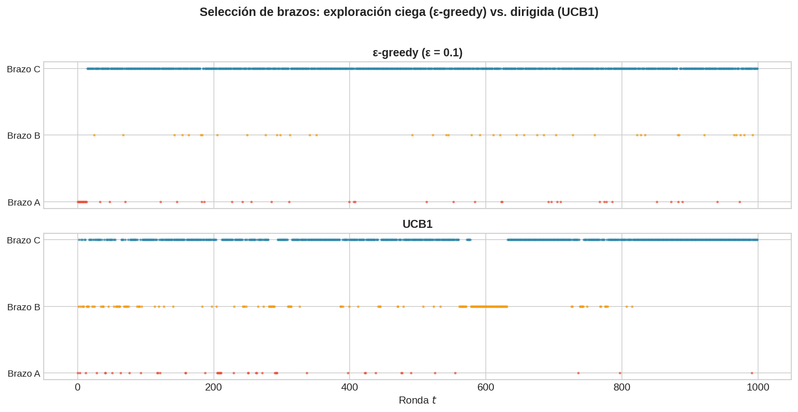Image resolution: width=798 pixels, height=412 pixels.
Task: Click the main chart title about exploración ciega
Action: tap(399, 12)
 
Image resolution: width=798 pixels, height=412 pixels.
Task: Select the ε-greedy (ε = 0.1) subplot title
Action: tap(417, 53)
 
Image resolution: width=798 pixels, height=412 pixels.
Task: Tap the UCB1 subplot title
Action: tap(417, 224)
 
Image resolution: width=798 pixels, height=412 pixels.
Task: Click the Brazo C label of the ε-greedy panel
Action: tap(24, 69)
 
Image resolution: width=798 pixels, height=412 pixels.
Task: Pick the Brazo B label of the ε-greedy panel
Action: tap(24, 135)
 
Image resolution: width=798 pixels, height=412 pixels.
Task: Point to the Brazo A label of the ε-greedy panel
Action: tap(24, 202)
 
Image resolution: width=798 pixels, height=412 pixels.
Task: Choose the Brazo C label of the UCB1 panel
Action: tap(24, 240)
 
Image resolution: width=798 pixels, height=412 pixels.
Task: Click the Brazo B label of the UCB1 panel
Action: tap(24, 307)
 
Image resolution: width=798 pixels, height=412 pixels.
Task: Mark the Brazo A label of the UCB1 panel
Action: tap(24, 373)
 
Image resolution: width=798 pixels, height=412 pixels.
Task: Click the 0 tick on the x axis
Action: tap(78, 387)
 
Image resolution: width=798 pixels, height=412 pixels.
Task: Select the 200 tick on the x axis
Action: tap(213, 387)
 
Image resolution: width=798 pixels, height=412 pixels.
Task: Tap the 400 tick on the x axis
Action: tap(350, 387)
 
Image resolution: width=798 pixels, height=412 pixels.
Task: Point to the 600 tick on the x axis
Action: tap(486, 387)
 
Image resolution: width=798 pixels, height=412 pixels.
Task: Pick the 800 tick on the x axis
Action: tap(622, 387)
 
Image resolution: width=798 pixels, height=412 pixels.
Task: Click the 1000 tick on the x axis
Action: tap(758, 387)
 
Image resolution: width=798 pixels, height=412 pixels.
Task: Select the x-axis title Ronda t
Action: tap(417, 400)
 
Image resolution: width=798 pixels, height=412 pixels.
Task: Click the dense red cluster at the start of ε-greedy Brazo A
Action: tap(82, 202)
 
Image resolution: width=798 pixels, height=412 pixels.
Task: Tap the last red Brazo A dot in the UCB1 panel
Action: tap(752, 373)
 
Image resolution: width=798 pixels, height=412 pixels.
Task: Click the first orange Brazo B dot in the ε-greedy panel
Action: tap(94, 135)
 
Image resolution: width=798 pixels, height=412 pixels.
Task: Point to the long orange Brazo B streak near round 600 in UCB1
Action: tap(489, 306)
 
